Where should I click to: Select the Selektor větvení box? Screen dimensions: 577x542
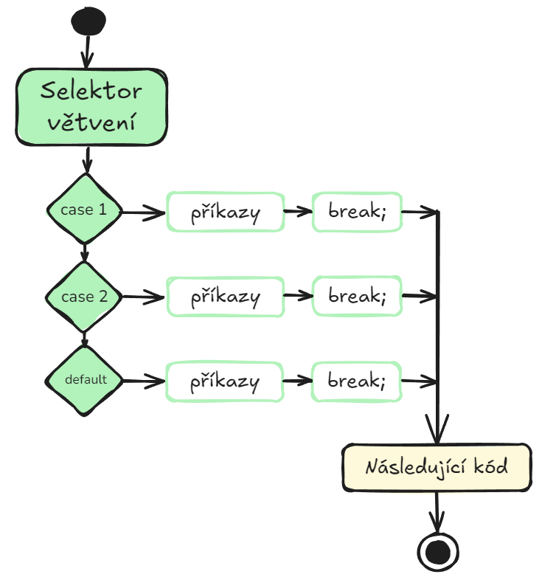pos(91,106)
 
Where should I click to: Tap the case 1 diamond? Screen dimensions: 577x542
pos(84,210)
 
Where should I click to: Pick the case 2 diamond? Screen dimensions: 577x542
pos(84,297)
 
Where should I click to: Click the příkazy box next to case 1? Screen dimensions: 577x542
pos(225,213)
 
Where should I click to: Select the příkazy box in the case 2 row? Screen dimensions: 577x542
pos(225,297)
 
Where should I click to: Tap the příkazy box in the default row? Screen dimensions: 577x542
pos(224,382)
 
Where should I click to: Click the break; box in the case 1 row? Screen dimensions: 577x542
pos(358,213)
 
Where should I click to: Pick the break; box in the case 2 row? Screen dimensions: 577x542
pos(358,297)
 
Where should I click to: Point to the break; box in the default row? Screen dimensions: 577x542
pos(358,382)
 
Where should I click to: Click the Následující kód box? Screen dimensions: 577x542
pos(437,468)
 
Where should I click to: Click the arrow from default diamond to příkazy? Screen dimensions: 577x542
pos(144,381)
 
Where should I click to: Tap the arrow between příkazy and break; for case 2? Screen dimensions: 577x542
pos(298,297)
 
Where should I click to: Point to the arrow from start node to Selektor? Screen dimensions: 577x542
pos(88,50)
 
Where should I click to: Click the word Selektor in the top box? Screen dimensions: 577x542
pos(91,91)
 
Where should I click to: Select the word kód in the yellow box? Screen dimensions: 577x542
pos(491,468)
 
